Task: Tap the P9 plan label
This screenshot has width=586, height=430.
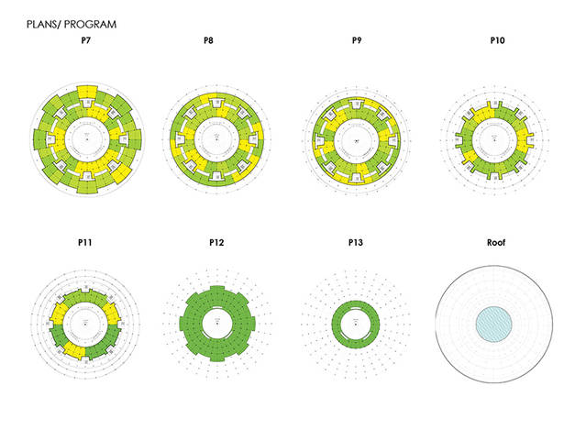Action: pos(356,42)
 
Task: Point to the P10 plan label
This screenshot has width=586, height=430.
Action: pos(498,42)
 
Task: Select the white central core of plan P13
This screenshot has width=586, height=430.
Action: pos(356,322)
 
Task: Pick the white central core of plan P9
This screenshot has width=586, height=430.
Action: pos(356,141)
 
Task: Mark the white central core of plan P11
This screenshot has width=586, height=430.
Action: pos(87,323)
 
